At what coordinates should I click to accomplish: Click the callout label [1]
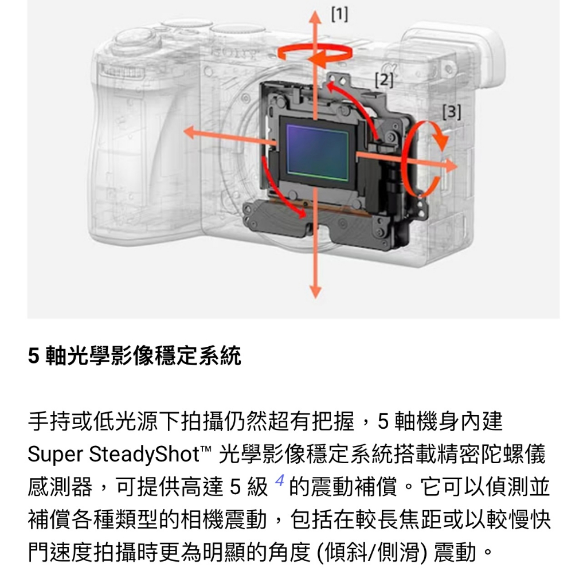(x=339, y=14)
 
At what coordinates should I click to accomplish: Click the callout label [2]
(x=384, y=80)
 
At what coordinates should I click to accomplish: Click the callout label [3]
(x=452, y=112)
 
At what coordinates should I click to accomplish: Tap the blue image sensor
(x=318, y=152)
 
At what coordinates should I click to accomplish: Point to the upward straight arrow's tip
(x=315, y=11)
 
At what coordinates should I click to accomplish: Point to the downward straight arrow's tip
(x=316, y=298)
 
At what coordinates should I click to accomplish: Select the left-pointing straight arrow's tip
(x=184, y=132)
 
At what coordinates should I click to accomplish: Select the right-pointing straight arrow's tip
(x=457, y=166)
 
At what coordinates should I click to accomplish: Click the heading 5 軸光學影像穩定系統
(x=134, y=355)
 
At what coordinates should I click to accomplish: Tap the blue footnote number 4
(x=280, y=481)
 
